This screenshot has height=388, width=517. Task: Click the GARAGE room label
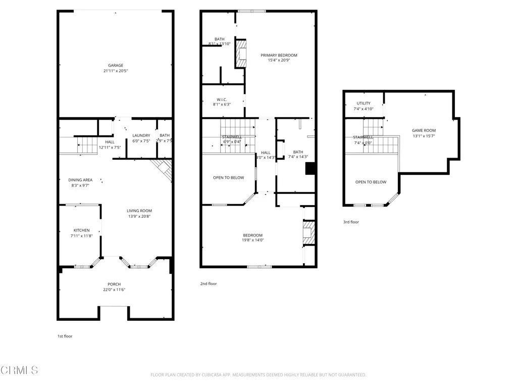click(x=116, y=65)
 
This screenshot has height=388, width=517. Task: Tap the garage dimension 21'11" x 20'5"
click(x=116, y=71)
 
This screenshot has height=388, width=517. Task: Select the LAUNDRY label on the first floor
click(x=141, y=135)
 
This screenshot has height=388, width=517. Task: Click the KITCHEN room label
click(x=81, y=230)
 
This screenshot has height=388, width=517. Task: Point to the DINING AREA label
click(x=80, y=180)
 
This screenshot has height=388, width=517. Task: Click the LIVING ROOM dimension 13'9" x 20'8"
click(x=139, y=216)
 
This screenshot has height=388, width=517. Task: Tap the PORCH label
click(x=114, y=284)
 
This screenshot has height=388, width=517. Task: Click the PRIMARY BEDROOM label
click(x=279, y=55)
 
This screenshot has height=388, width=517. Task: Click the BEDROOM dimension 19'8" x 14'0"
click(x=252, y=240)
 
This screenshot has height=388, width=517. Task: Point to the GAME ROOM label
click(x=424, y=130)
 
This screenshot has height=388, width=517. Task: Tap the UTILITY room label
click(x=364, y=103)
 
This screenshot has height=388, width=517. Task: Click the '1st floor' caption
click(x=65, y=336)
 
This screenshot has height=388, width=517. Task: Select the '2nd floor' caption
click(x=209, y=284)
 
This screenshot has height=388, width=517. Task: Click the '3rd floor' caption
click(x=351, y=222)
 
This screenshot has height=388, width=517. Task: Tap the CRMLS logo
click(x=19, y=370)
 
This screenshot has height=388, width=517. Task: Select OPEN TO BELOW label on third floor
click(x=371, y=182)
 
